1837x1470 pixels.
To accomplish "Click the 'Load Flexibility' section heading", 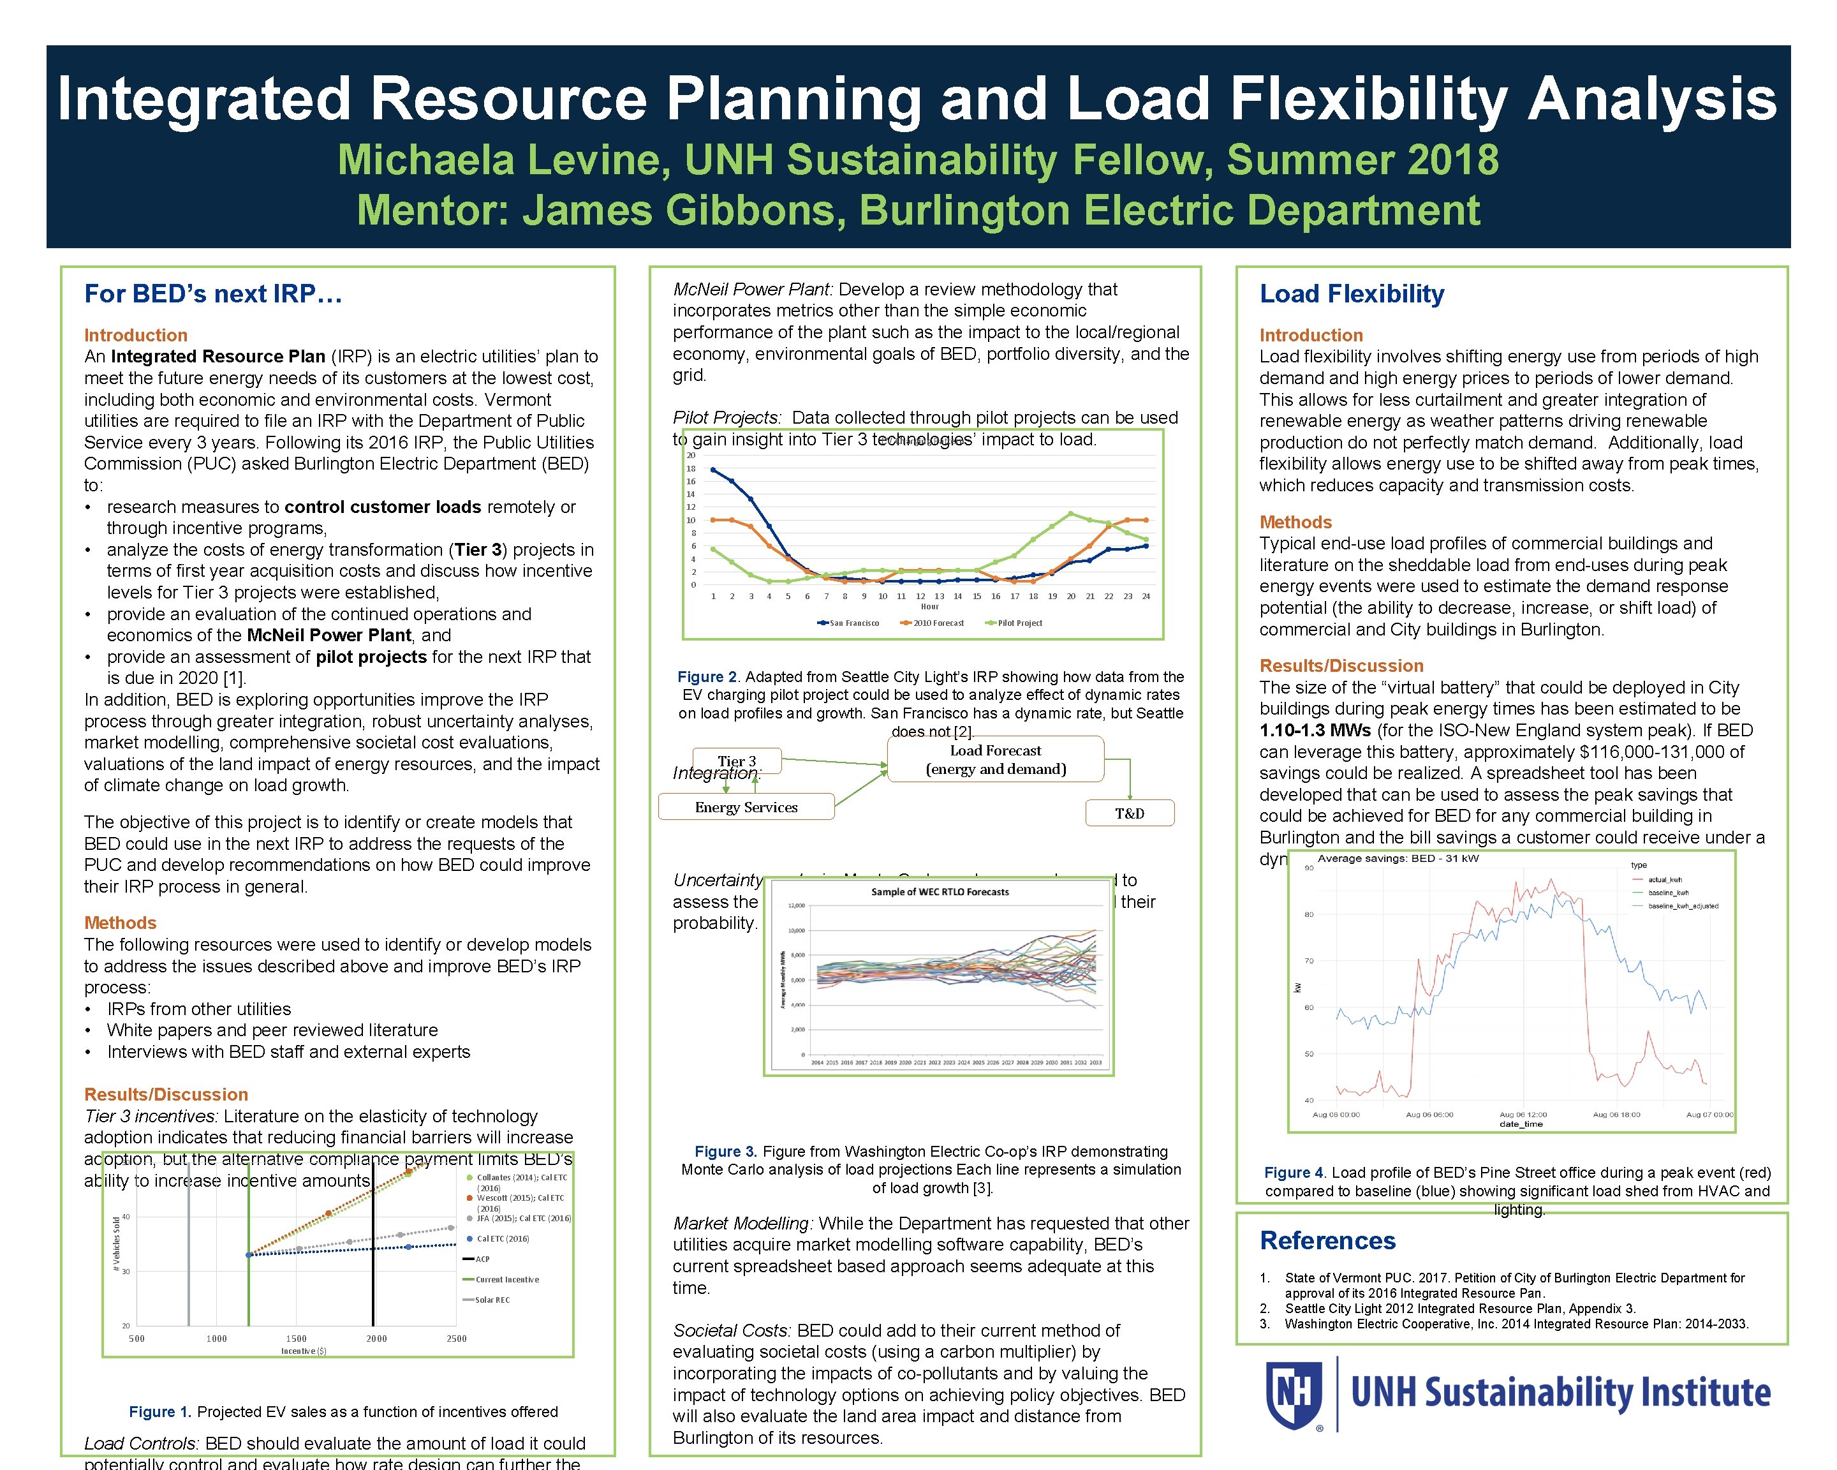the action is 1352,294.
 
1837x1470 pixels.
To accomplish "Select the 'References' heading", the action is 1327,1241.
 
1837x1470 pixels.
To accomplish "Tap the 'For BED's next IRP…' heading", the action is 213,294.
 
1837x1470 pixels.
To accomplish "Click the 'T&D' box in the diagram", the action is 1129,813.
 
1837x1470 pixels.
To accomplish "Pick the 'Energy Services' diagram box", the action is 746,807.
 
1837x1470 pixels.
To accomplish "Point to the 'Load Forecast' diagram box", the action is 995,759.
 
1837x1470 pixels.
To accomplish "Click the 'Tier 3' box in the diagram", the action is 736,760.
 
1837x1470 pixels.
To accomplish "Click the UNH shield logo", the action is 1294,1395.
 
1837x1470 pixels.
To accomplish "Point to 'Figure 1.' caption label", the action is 160,1412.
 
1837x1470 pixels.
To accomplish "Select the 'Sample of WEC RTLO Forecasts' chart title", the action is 939,891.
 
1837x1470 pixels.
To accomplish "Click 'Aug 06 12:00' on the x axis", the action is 1523,1115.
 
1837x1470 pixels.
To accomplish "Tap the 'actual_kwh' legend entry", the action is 1664,879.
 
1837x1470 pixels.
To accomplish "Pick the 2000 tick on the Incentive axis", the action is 376,1339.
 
